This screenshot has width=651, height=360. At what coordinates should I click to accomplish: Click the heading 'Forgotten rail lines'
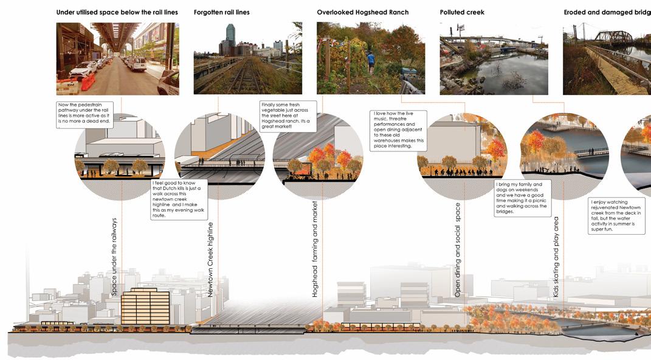point(221,12)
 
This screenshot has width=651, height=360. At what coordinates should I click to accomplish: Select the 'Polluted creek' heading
point(462,12)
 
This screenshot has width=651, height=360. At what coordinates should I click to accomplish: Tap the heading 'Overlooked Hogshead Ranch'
point(362,12)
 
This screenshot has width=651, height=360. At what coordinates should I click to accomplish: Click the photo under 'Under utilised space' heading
point(117,59)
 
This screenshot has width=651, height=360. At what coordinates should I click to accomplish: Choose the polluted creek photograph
point(494,59)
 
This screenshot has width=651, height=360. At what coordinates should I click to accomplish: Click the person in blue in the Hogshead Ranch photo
point(371,58)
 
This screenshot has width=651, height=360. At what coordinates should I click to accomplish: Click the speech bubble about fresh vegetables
point(288,116)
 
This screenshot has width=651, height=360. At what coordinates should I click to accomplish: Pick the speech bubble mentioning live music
point(399,130)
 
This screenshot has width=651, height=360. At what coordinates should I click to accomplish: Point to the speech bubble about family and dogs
point(523,197)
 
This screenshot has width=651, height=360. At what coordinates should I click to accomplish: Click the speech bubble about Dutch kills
point(179,199)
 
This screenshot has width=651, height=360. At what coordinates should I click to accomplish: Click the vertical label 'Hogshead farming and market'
point(315,249)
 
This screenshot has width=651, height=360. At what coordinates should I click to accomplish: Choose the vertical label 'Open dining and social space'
point(458,249)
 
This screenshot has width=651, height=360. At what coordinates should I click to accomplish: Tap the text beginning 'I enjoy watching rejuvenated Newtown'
point(618,216)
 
